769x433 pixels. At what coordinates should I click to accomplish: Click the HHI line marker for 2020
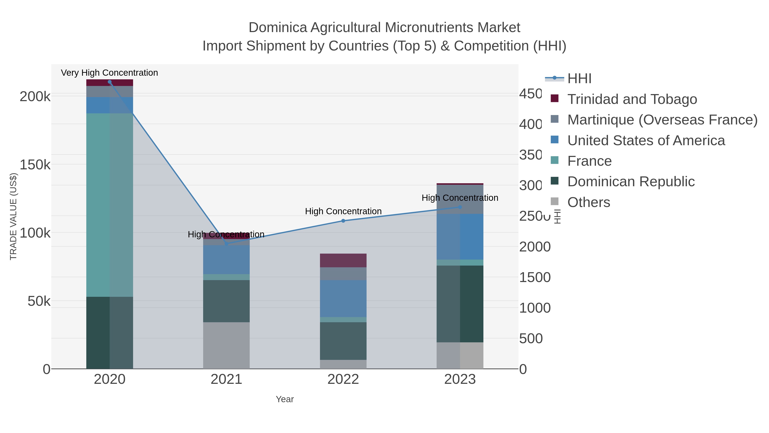coord(110,82)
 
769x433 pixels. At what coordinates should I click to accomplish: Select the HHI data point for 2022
coord(343,221)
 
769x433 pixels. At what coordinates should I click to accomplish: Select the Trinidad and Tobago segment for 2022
coord(343,260)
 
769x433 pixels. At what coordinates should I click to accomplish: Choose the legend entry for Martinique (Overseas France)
coord(662,120)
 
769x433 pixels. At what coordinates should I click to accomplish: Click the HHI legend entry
coord(579,79)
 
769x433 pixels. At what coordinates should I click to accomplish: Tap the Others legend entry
coord(588,202)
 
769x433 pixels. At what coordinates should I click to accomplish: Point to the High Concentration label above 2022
coord(343,211)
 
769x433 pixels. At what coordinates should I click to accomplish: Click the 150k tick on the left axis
coord(35,165)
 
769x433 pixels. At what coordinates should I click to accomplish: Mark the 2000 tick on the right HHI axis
coord(534,247)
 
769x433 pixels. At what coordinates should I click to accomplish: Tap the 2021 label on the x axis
coord(226,380)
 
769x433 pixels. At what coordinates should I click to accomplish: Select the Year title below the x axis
coord(285,399)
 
